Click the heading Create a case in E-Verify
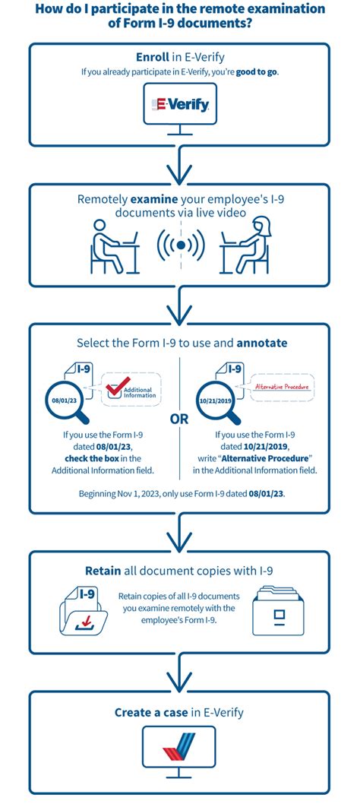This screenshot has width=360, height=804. point(180,712)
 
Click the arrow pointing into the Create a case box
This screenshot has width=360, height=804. point(180,670)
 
